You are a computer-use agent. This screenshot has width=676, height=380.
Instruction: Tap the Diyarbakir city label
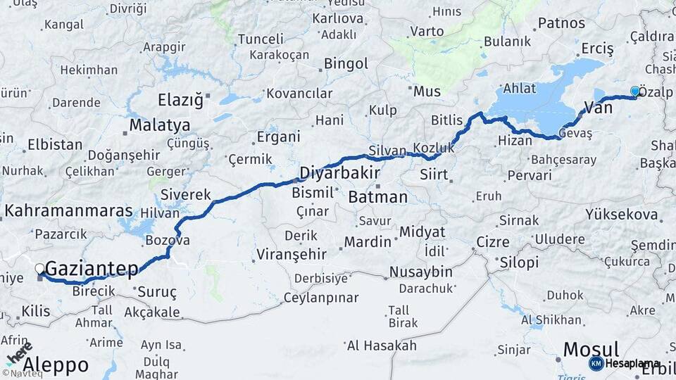[340, 173]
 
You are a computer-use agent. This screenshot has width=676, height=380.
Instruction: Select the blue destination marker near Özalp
[635, 91]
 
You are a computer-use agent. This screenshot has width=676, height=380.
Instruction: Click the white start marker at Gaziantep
[40, 268]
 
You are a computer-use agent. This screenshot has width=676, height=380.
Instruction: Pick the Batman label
[378, 197]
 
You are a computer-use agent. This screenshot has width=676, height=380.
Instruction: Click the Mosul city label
[591, 349]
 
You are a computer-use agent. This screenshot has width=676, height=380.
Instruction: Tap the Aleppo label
[56, 365]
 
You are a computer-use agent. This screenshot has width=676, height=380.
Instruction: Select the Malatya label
[159, 126]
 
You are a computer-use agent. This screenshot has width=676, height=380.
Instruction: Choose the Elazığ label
[180, 100]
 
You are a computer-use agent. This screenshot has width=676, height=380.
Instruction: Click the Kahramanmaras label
[68, 210]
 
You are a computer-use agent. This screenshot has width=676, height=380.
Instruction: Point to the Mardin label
[368, 241]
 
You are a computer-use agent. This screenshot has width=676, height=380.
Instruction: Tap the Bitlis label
[447, 120]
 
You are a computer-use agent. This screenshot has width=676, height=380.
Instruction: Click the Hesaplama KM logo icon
[596, 363]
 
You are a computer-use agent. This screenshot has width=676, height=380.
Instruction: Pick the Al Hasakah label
[382, 346]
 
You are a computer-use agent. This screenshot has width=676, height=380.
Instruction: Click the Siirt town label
[433, 173]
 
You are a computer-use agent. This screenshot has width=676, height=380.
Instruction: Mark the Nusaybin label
[421, 272]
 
